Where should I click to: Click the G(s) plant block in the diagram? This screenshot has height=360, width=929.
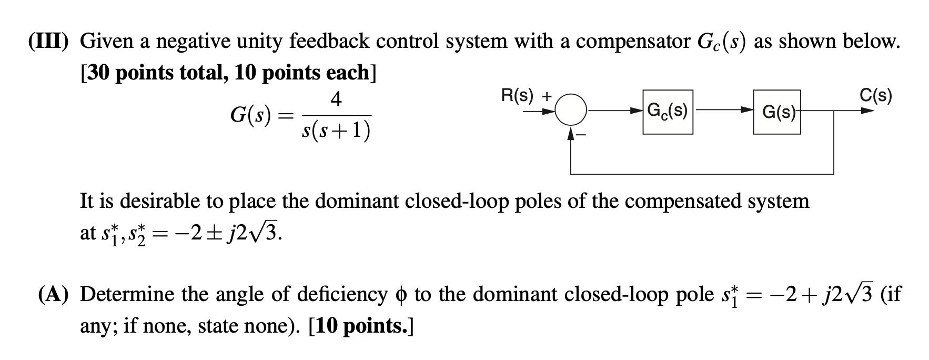[x=776, y=112]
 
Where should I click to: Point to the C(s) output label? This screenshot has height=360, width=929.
[x=875, y=95]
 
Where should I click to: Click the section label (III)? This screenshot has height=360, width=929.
[x=50, y=41]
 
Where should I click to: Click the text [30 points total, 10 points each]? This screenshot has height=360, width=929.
[x=228, y=73]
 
